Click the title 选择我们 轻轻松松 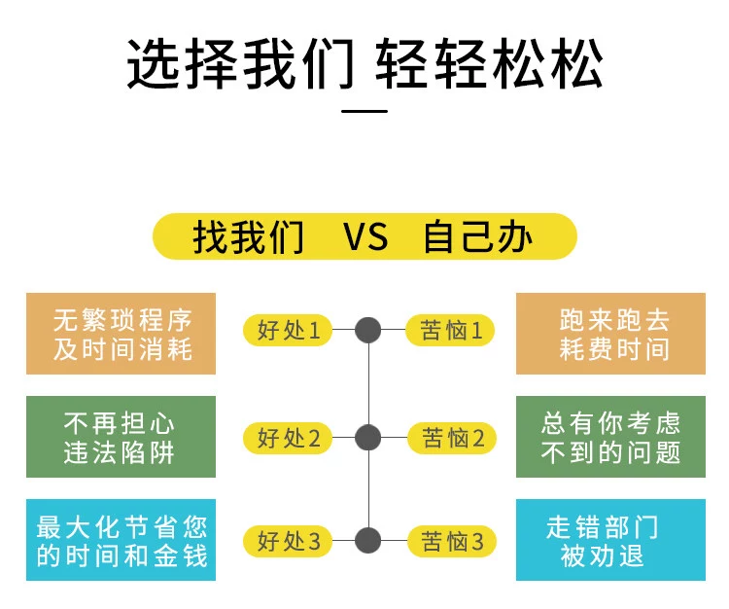(364, 64)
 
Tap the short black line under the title (365, 111)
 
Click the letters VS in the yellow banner (364, 237)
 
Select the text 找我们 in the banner (248, 237)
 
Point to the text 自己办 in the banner (477, 237)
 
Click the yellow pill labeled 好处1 (288, 331)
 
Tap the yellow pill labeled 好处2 (288, 439)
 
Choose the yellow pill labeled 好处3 (288, 541)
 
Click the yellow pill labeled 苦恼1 (450, 331)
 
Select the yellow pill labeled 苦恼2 (450, 439)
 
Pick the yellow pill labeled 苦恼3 (450, 541)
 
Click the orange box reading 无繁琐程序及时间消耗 (121, 334)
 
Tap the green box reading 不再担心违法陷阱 (121, 437)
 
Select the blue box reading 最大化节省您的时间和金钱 (121, 540)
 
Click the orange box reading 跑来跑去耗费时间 (610, 334)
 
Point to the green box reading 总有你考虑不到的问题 (610, 437)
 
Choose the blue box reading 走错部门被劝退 (610, 540)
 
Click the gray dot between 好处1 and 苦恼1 (367, 331)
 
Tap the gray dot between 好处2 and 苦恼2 (367, 439)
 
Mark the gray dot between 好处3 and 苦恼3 (367, 541)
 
